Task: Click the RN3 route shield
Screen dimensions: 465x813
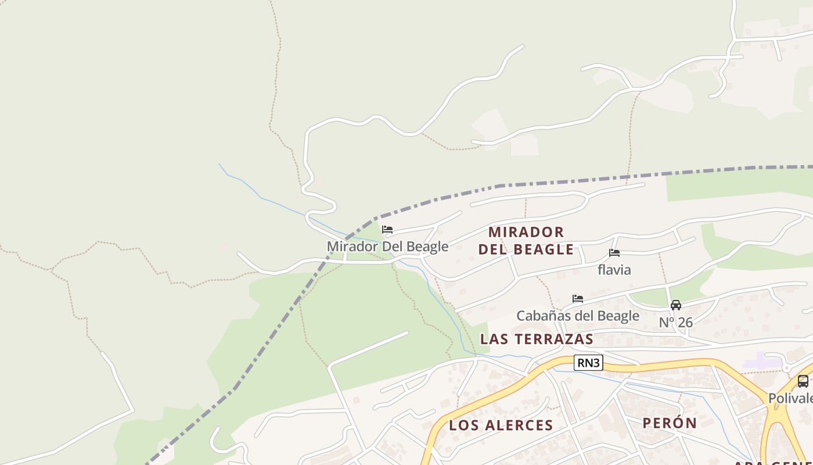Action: click(x=589, y=363)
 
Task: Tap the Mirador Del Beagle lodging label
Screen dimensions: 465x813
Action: click(x=387, y=246)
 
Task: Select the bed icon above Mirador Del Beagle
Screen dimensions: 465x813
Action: click(x=387, y=230)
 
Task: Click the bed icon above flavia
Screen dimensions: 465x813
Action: click(x=614, y=253)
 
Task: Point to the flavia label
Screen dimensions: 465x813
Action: click(x=614, y=270)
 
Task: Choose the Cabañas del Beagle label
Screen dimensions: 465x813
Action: click(x=578, y=316)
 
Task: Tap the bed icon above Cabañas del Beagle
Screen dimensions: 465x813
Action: click(x=578, y=299)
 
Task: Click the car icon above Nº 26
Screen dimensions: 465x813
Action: click(x=676, y=305)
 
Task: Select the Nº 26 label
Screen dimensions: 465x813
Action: click(x=676, y=322)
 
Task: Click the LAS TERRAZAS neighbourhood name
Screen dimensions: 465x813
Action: click(x=537, y=339)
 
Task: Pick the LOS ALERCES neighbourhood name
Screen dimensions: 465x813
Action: click(x=501, y=425)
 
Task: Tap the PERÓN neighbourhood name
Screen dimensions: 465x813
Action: click(x=670, y=423)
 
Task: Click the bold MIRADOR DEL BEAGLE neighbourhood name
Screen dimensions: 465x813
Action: click(x=526, y=241)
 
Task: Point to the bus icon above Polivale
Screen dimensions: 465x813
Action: click(x=803, y=381)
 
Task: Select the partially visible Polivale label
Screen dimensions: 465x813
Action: click(x=790, y=398)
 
